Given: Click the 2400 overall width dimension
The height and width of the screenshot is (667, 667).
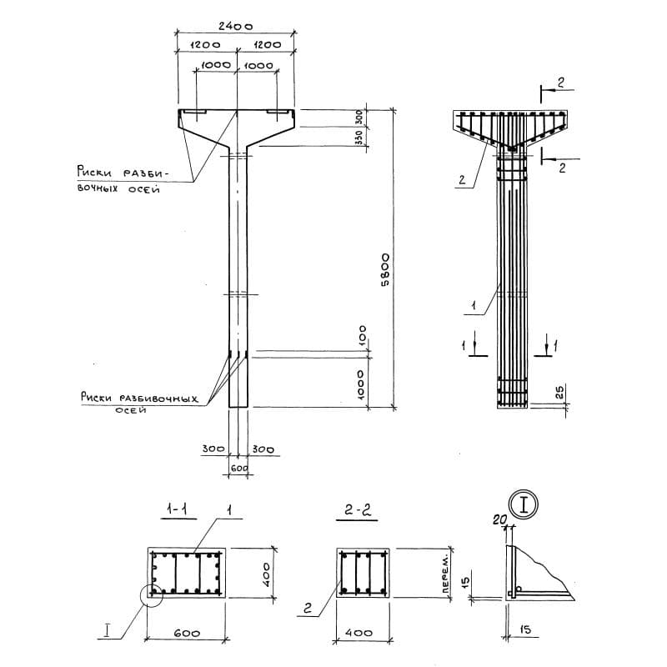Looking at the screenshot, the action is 236,27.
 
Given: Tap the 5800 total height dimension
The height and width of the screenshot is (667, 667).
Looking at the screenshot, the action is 385,270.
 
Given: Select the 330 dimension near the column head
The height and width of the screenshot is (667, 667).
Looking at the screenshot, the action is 360,138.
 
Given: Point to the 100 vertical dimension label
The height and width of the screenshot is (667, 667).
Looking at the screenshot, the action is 362,335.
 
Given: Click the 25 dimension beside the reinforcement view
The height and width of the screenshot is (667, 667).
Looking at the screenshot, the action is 559,392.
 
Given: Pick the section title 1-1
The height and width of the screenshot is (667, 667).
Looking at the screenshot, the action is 178,509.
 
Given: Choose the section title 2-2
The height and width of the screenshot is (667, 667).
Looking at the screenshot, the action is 358,509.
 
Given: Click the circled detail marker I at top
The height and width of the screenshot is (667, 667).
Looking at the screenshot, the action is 524,505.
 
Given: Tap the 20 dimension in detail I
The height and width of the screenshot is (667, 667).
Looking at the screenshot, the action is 500,519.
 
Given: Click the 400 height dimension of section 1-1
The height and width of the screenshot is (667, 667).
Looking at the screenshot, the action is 266,574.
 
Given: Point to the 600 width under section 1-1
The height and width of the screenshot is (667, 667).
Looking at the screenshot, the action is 187,634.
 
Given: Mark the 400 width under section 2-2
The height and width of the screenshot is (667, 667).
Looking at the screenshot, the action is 359,633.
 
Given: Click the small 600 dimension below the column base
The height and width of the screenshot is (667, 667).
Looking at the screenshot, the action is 239,469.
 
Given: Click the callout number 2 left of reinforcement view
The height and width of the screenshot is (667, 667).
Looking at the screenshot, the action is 462,180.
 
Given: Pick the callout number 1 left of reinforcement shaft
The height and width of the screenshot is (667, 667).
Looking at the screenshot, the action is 473,305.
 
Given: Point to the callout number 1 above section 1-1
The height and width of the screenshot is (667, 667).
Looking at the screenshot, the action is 228,510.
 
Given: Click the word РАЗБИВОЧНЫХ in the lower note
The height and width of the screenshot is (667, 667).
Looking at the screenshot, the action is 158,399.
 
